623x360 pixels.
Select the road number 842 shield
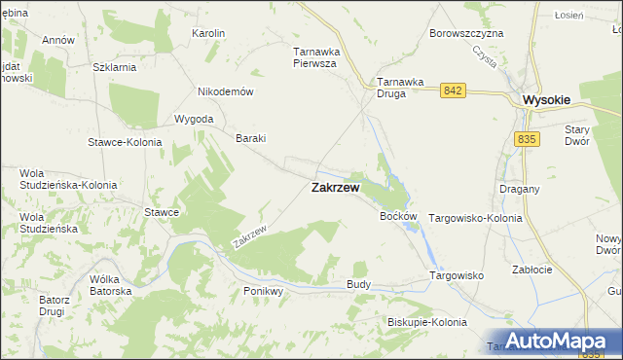pos(451,90)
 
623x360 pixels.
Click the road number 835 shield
pos(527,139)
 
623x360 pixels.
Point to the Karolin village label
pos(209,33)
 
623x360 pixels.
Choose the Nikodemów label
pos(226,91)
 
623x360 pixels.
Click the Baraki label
pos(251,138)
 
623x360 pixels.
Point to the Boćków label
pos(398,216)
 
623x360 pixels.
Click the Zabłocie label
pos(531,271)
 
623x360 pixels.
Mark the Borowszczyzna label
pos(466,33)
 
